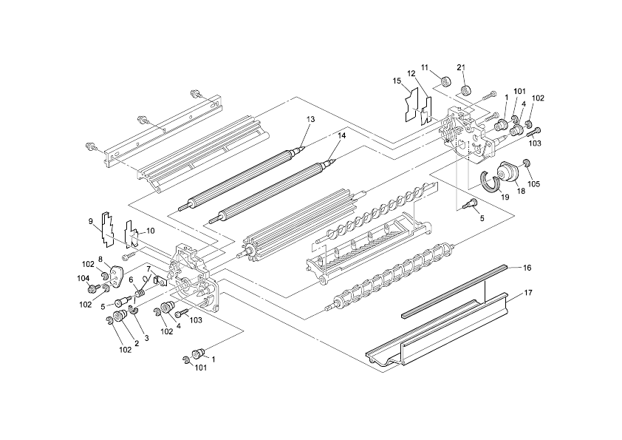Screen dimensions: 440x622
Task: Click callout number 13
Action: click(310, 119)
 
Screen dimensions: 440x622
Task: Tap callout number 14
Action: click(341, 135)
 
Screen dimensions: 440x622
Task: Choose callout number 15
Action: click(396, 80)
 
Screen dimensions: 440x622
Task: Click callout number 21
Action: click(461, 67)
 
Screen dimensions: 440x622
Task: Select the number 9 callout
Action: click(91, 220)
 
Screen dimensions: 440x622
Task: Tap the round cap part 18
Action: click(507, 172)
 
